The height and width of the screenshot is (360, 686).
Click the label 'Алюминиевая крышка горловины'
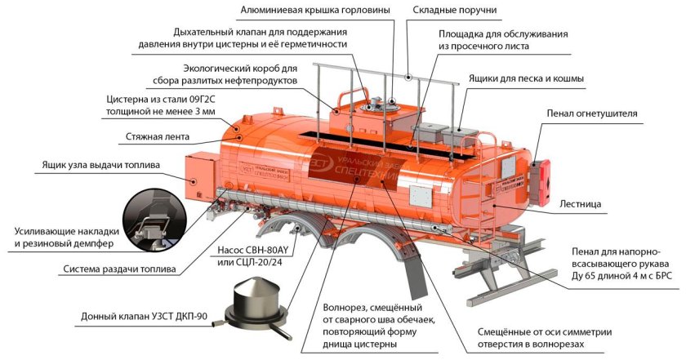click(x=314, y=10)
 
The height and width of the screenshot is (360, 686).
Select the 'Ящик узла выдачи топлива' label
click(x=100, y=166)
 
